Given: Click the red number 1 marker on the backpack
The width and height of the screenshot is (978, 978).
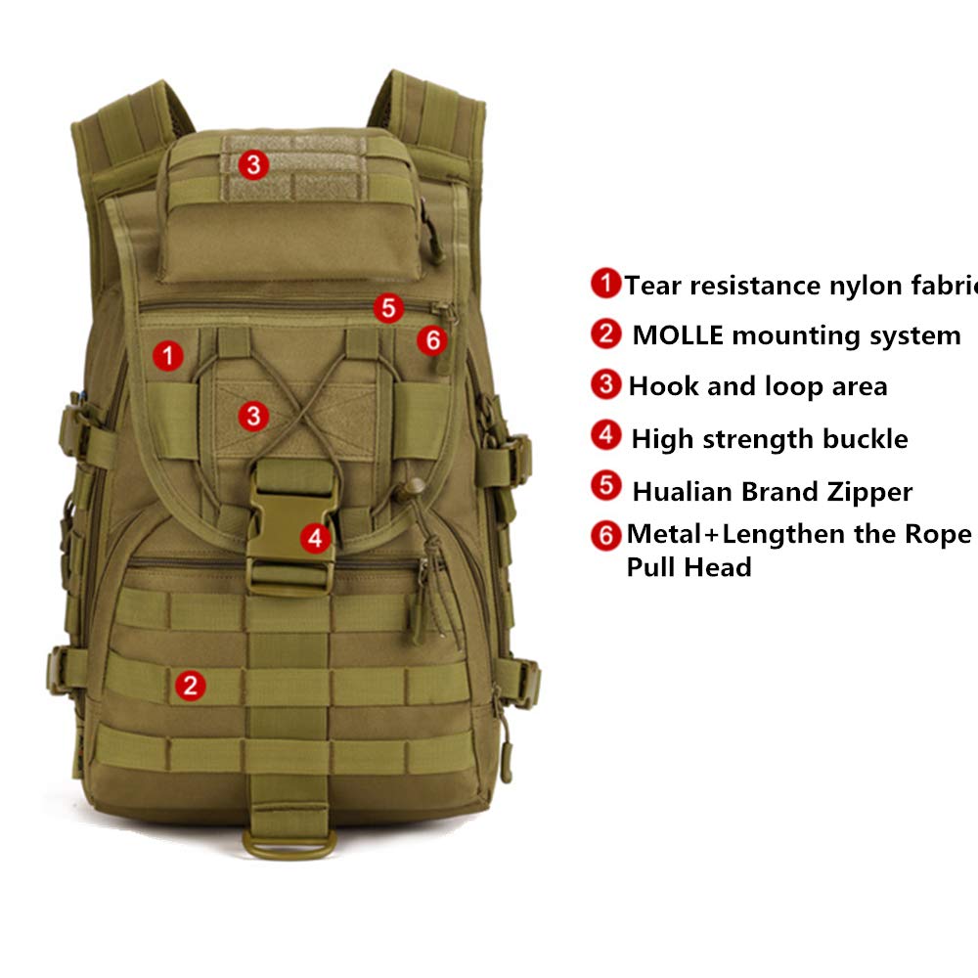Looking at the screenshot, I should (x=168, y=356).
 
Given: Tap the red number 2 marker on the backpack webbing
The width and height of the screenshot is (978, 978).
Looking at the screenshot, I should (x=190, y=685).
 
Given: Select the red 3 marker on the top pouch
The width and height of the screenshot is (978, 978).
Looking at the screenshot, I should (x=253, y=165).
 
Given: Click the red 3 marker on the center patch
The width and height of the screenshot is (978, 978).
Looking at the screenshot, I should (x=253, y=416).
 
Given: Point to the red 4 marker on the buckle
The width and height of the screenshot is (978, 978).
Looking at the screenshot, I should (x=314, y=537).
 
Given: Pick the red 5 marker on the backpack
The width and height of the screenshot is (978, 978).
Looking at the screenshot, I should (x=388, y=308).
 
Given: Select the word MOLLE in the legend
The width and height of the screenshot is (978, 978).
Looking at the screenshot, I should (x=678, y=335).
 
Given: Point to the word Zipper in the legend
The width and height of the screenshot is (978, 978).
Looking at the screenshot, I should (x=867, y=491).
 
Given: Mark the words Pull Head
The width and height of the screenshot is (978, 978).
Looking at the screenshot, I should (x=689, y=567).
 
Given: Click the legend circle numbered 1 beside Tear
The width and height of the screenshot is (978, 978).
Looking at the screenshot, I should (x=605, y=284).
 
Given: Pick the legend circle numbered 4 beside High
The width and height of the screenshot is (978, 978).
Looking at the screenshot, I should (x=607, y=435).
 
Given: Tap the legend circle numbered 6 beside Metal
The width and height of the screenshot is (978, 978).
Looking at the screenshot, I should (x=606, y=535).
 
